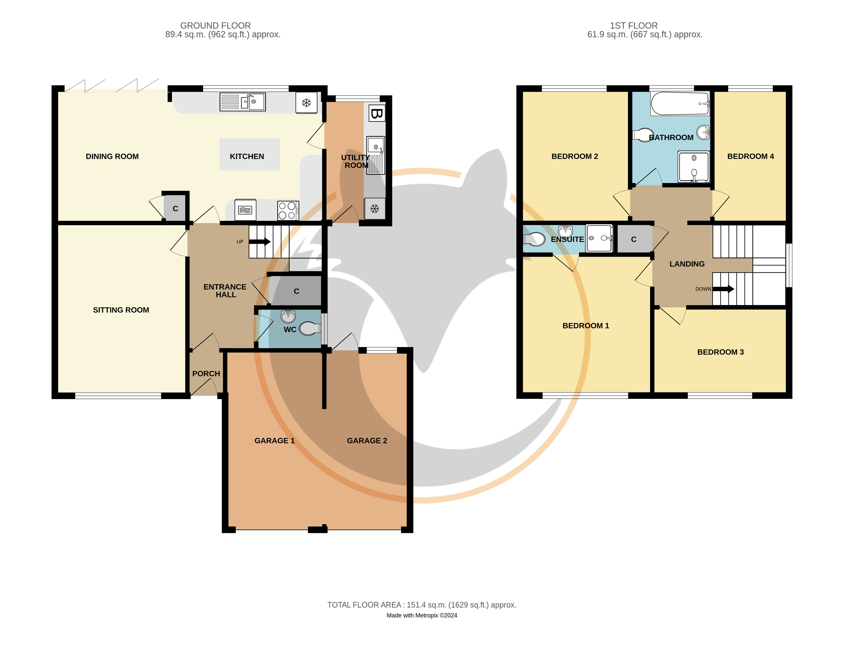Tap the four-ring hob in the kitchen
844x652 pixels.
[288, 211]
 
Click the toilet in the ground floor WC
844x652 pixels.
[310, 328]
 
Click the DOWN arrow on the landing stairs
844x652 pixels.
[723, 289]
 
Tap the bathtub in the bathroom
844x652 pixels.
[680, 103]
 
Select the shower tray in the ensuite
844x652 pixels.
[599, 238]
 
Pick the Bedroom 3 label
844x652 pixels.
[720, 352]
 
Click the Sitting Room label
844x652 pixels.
[121, 310]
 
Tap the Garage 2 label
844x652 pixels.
[367, 441]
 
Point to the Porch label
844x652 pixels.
[206, 373]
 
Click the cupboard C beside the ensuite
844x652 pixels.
[634, 239]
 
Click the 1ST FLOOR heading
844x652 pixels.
[634, 26]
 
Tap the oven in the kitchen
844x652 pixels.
[245, 210]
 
